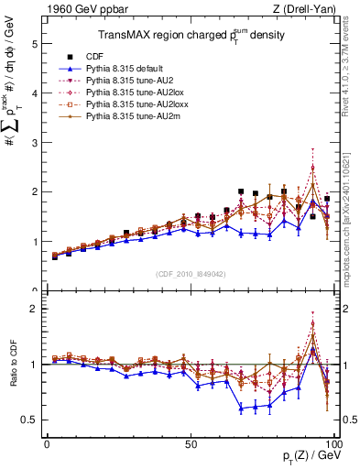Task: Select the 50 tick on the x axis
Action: click(x=191, y=442)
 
